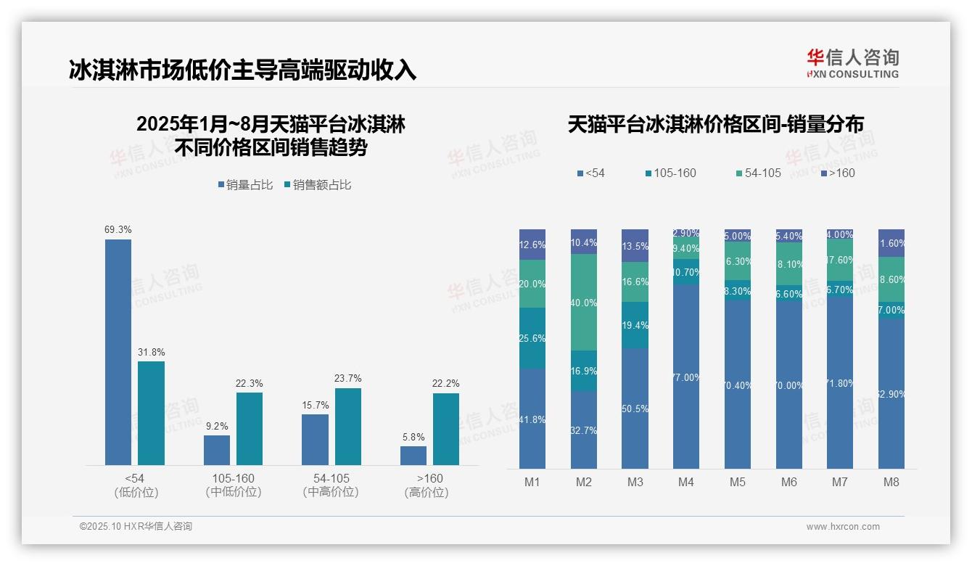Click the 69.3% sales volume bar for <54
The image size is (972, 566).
click(118, 352)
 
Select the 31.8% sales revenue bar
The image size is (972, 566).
click(151, 413)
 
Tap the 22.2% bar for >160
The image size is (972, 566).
click(445, 429)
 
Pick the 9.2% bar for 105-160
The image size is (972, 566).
click(217, 450)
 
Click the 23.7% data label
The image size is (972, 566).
click(348, 379)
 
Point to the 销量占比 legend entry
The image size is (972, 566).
click(245, 185)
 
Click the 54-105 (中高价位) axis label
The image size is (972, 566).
click(331, 485)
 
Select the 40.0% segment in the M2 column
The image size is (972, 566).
click(584, 302)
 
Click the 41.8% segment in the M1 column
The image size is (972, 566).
click(532, 419)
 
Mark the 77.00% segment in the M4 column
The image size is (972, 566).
click(686, 377)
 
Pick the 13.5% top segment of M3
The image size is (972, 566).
click(635, 245)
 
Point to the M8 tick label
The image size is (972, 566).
click(891, 482)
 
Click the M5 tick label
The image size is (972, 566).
click(738, 482)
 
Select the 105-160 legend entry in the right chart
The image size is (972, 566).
click(670, 173)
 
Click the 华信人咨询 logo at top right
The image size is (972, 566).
click(852, 63)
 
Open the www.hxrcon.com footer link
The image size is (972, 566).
click(843, 527)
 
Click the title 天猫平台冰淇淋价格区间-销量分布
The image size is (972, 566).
click(715, 124)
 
